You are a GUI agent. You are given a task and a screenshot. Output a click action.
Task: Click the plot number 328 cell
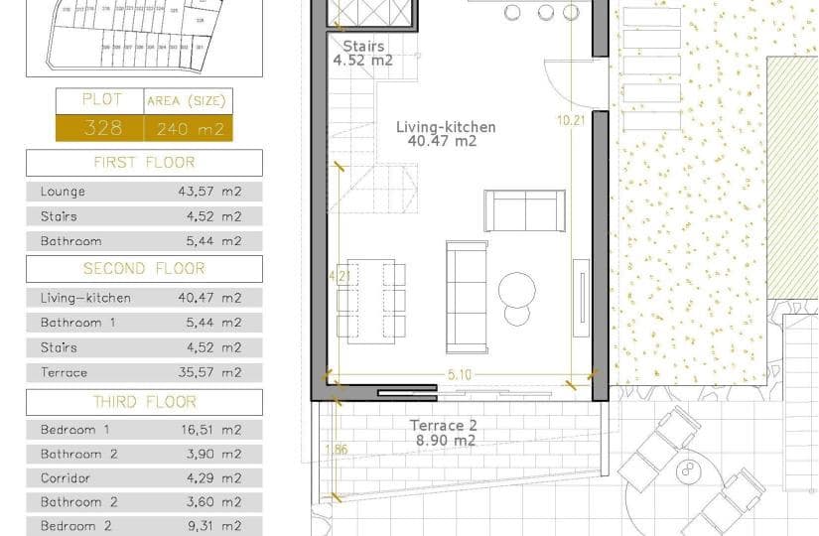(x=103, y=128)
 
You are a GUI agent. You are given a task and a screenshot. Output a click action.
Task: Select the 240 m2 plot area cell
(x=189, y=128)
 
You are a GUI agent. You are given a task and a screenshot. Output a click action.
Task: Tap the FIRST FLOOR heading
(x=144, y=162)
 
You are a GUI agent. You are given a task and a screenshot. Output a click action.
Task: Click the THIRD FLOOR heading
(x=144, y=402)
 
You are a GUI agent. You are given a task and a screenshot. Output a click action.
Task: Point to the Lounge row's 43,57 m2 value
(x=208, y=192)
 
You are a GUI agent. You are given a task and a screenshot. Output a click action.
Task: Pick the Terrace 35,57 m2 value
(x=208, y=372)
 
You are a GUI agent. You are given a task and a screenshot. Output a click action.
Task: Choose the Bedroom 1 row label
(x=75, y=430)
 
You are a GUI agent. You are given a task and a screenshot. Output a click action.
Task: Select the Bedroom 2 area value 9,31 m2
(x=208, y=526)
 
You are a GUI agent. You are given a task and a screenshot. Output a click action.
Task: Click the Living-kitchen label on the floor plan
(x=445, y=128)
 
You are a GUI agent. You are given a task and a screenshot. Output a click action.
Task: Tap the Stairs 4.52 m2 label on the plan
(x=362, y=53)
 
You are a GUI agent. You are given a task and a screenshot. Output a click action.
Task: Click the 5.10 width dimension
(x=459, y=375)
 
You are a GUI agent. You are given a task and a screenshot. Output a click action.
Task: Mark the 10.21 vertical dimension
(x=571, y=120)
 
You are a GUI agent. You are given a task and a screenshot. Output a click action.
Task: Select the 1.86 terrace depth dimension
(x=337, y=449)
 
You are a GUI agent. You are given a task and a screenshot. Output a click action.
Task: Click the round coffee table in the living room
(x=517, y=291)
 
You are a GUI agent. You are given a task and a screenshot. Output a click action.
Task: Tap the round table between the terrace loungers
(x=687, y=469)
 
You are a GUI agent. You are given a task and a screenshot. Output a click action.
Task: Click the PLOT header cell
(x=100, y=100)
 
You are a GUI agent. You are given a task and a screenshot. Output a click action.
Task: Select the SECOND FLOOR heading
(x=144, y=268)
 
